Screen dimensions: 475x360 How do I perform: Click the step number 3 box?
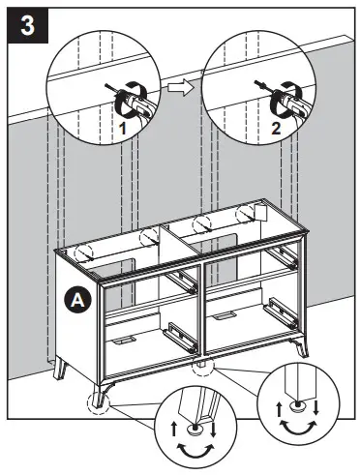[x=26, y=26]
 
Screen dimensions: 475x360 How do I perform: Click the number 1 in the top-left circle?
[x=123, y=126]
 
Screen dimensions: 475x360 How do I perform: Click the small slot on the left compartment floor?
[x=123, y=341]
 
